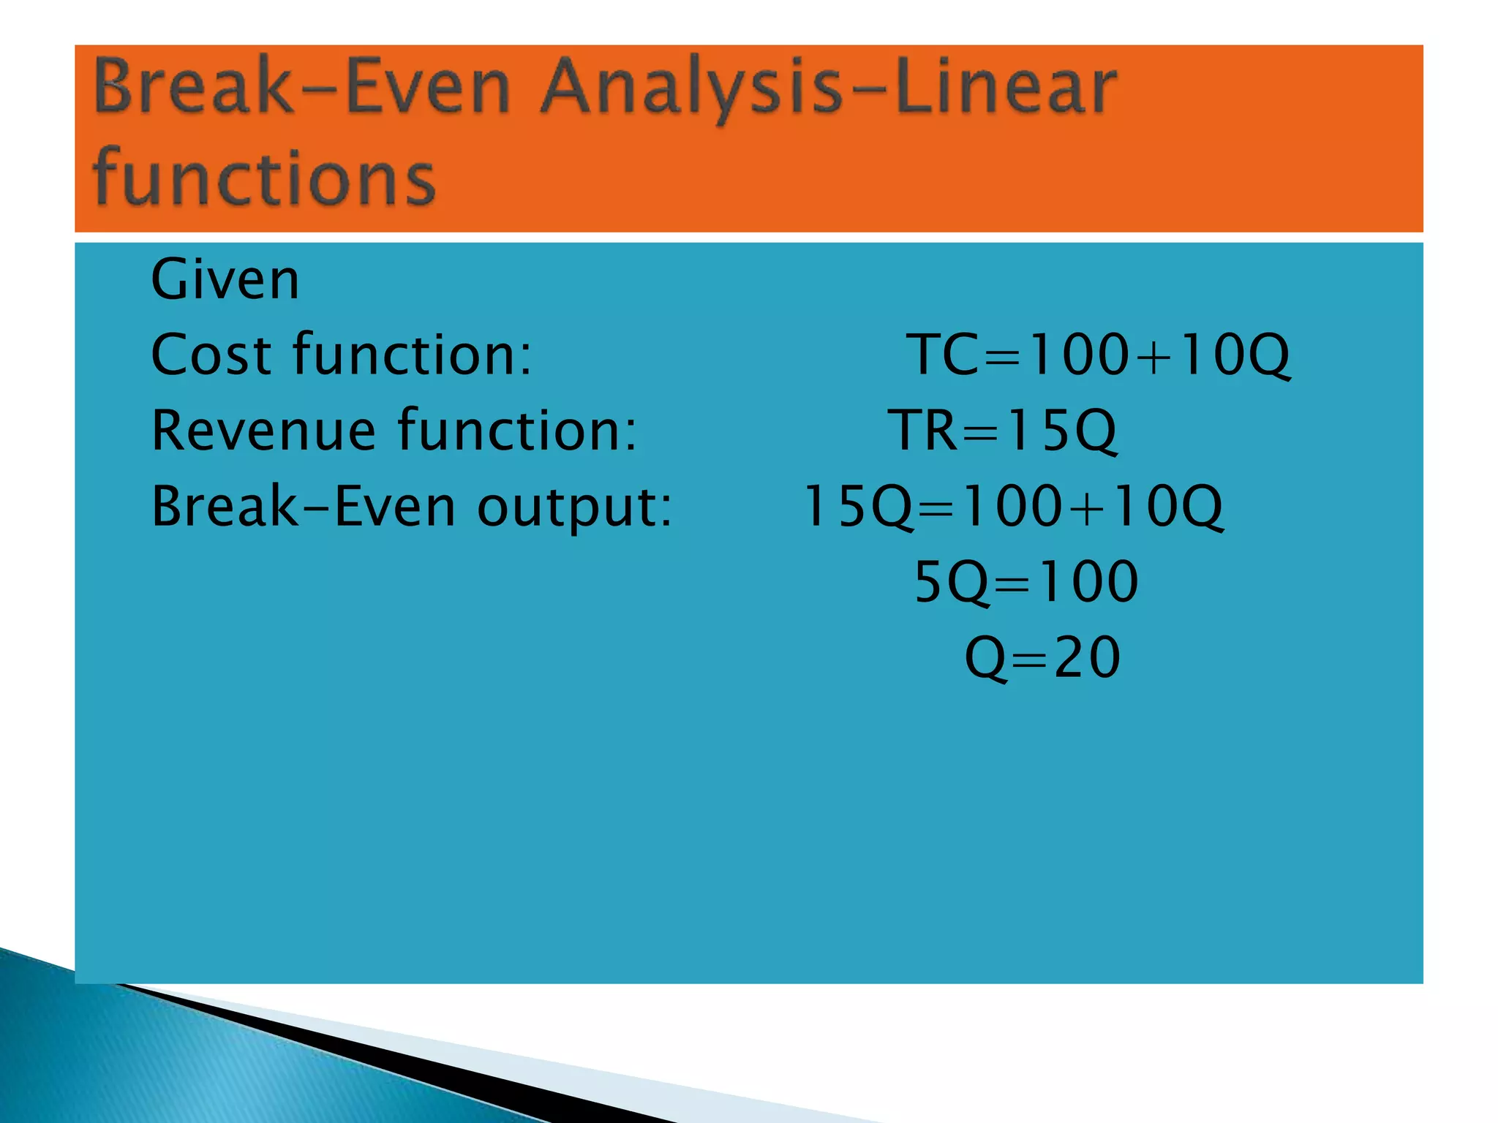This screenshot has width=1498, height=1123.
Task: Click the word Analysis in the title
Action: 691,88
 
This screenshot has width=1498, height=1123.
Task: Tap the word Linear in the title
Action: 1006,88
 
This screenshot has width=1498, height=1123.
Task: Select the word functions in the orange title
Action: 265,178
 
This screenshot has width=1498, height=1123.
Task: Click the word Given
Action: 225,280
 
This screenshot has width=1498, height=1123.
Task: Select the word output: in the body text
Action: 574,507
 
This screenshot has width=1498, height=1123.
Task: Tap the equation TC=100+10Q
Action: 1098,355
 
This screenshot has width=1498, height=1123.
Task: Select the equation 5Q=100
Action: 1026,582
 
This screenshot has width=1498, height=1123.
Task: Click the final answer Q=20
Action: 1042,657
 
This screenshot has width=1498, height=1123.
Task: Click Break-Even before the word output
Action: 304,507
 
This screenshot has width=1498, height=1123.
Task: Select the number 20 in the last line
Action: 1087,657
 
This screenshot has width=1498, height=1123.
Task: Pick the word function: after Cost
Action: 413,355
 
